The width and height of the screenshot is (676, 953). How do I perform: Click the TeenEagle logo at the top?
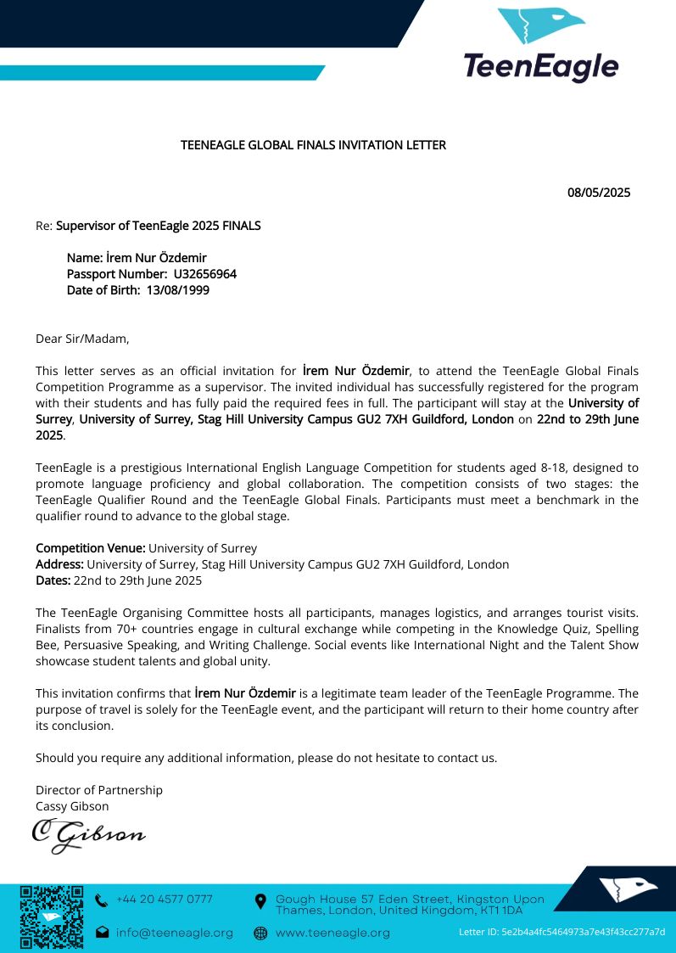[541, 44]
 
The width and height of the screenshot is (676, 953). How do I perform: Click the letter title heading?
[313, 145]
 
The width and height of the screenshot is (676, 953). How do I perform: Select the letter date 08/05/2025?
[598, 193]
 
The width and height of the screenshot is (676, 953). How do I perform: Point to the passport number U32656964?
[204, 274]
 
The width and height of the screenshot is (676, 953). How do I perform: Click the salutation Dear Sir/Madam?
[83, 339]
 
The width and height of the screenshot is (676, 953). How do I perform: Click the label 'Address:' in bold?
[59, 564]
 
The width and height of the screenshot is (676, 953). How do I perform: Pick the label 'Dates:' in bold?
[53, 580]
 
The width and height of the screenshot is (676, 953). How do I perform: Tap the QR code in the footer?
[51, 917]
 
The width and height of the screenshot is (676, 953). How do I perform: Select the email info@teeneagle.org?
[174, 933]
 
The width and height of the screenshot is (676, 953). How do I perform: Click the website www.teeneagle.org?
[332, 933]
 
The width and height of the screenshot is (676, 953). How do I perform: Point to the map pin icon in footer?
[260, 900]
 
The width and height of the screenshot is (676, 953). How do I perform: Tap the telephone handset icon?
[102, 900]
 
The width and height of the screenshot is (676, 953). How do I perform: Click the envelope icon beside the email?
[102, 933]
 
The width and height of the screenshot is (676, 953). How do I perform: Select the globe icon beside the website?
[260, 933]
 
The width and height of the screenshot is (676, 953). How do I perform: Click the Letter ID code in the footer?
[561, 932]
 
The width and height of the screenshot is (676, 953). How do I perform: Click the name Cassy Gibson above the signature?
[72, 806]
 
